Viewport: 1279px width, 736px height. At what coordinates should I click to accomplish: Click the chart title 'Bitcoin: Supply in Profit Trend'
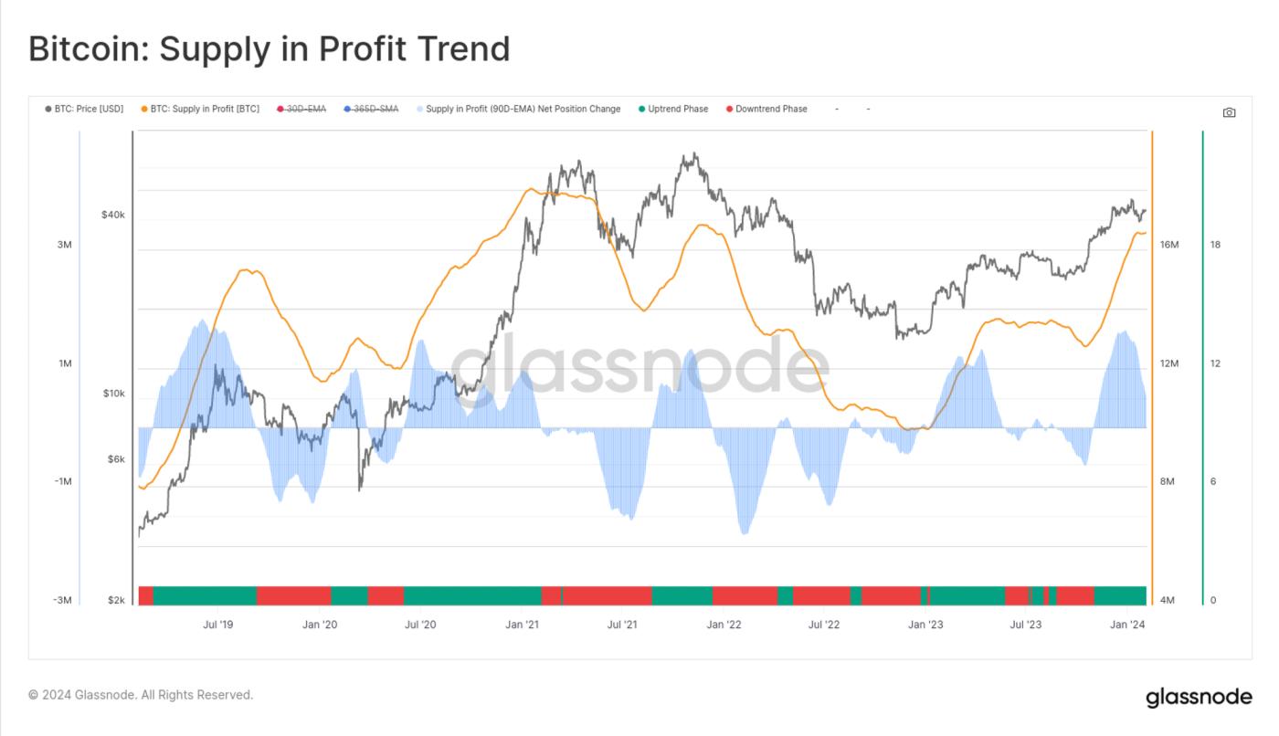(269, 48)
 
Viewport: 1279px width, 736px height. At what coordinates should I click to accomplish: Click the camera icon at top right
(1229, 112)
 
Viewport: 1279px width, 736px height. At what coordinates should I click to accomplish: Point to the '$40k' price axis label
(113, 216)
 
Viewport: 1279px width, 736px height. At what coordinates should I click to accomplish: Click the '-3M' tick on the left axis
(61, 600)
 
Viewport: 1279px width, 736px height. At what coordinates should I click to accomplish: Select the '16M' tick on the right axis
(1169, 245)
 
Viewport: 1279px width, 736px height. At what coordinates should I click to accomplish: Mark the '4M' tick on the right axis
(1168, 600)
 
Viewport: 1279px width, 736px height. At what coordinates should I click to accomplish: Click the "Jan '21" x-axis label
(521, 625)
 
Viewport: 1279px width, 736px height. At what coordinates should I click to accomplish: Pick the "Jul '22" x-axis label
(824, 625)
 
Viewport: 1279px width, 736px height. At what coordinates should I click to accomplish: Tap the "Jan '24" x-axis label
(1126, 625)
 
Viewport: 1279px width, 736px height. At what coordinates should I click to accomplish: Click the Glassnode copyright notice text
(141, 695)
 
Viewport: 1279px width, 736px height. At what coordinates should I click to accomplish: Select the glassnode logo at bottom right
(1199, 697)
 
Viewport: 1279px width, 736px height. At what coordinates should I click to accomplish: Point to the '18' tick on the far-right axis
(1215, 245)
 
